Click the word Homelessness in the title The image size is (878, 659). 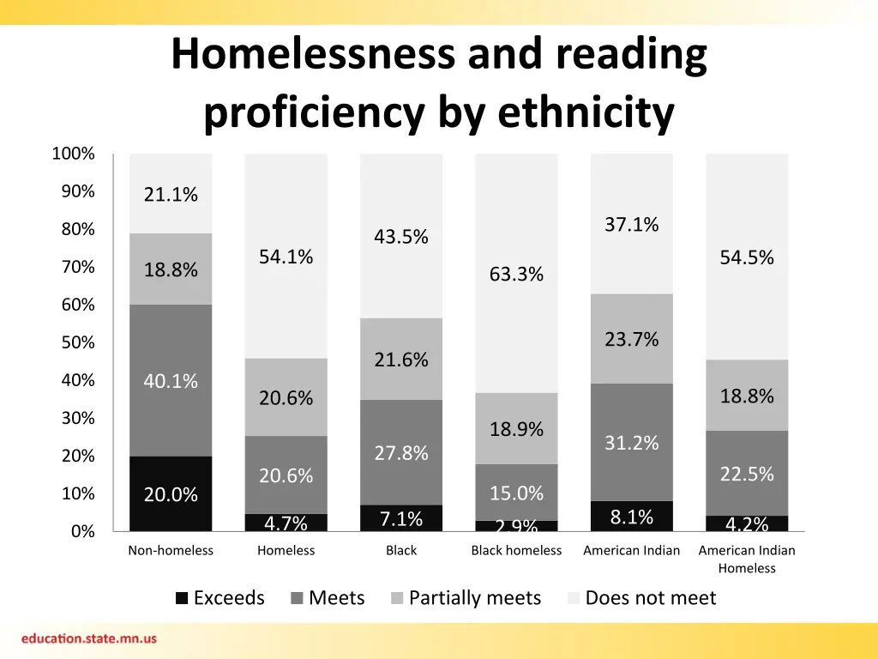coord(312,55)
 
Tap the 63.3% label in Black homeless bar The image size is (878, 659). coord(516,275)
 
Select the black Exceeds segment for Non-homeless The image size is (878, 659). coord(171,494)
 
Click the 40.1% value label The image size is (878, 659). coord(171,381)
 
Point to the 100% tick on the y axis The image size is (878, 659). coord(73,154)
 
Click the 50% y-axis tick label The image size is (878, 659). coord(77,343)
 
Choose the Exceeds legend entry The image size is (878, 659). coord(220,598)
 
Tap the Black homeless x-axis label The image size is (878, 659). coord(516,551)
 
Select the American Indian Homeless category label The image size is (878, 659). coord(747,559)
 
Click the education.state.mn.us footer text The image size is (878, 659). coord(89,639)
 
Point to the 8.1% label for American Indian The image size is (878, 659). coord(632,517)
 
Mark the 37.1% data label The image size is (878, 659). coord(632,225)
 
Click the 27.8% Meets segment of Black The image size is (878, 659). coord(401,453)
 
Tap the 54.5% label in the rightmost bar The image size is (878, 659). coord(747,257)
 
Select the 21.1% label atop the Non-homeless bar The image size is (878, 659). coord(171,196)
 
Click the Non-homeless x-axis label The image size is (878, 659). coord(171,551)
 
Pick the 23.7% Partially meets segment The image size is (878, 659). coord(632,340)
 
